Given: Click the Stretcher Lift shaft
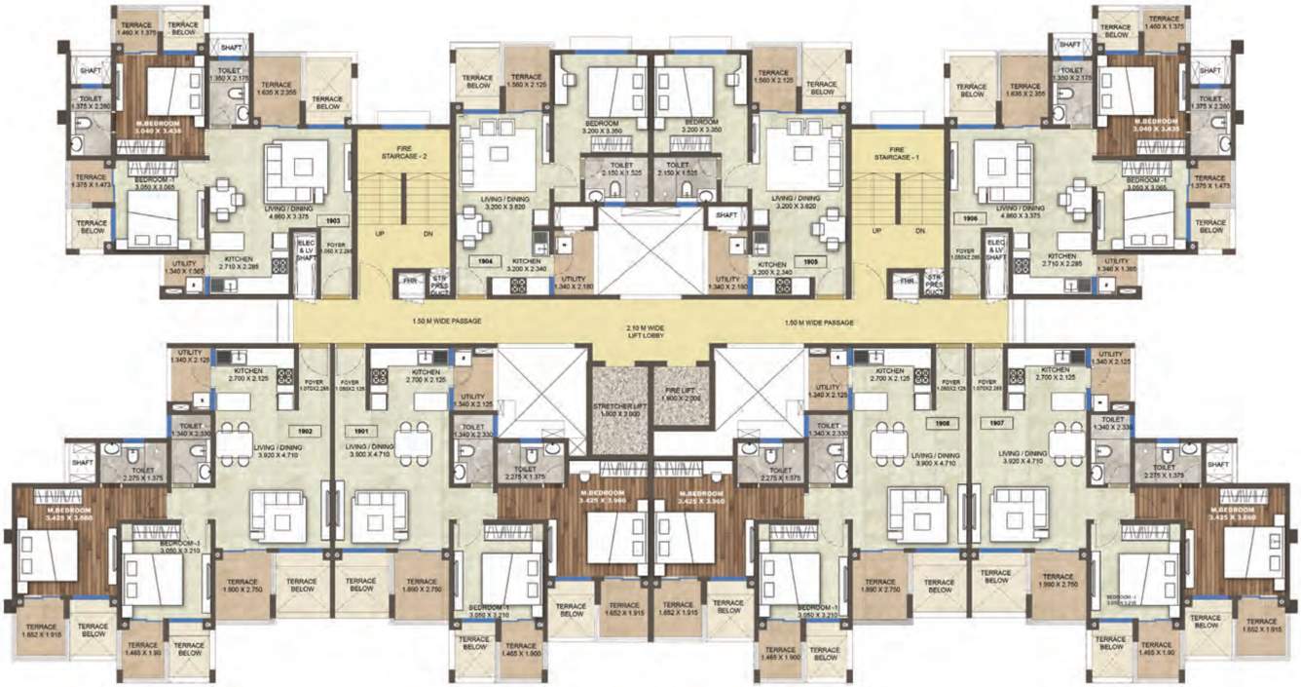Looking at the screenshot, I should point(619,410).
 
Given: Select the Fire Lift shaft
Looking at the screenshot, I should point(682,394).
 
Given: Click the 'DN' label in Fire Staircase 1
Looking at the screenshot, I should point(920,234).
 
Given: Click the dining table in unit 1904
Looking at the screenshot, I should point(472,230).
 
